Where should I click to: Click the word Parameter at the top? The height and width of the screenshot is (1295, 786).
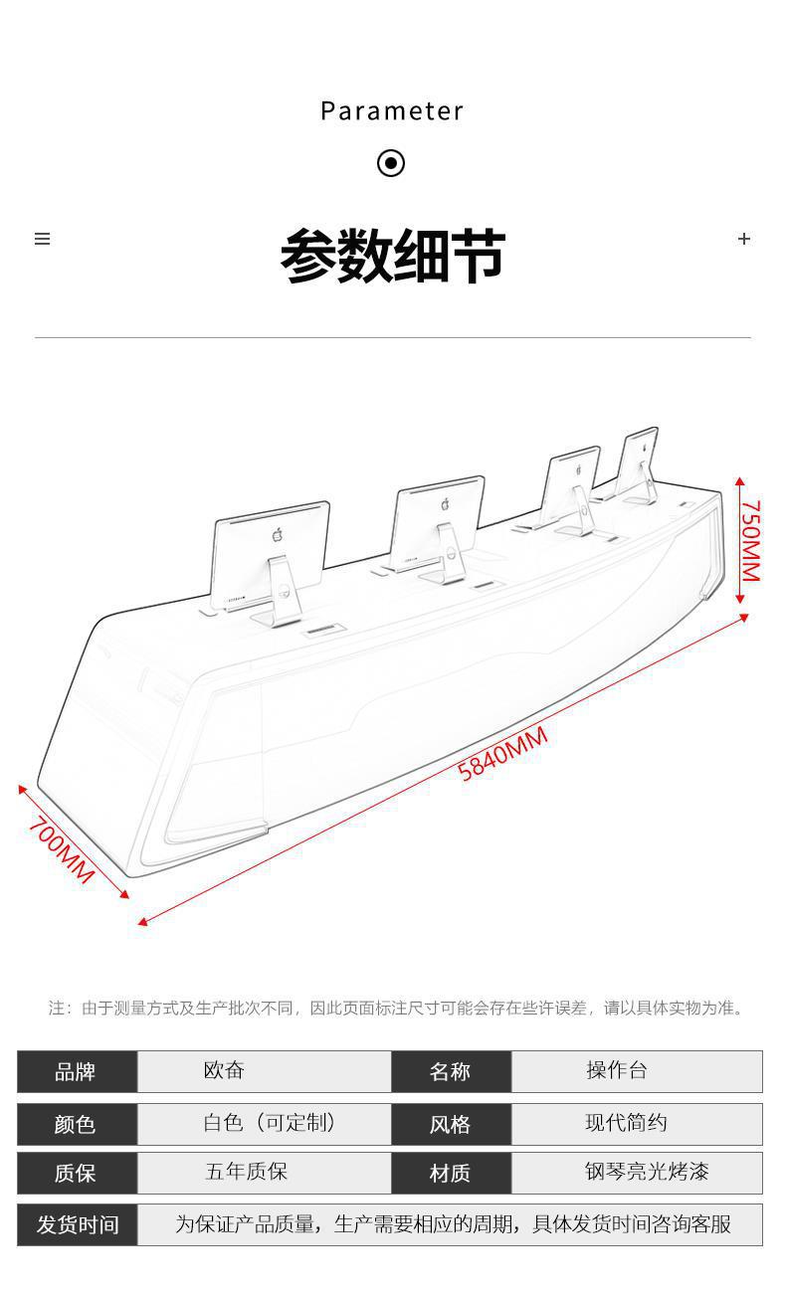click(x=392, y=111)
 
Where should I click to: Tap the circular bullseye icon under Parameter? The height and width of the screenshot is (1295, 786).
click(x=391, y=163)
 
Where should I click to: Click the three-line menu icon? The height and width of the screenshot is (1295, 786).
click(x=42, y=239)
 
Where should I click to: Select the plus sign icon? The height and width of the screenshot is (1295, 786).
click(x=744, y=239)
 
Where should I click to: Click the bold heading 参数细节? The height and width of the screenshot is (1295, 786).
click(x=393, y=255)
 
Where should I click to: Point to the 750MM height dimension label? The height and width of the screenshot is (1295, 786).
click(x=750, y=540)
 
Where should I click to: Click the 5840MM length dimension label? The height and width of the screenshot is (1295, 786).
click(x=502, y=754)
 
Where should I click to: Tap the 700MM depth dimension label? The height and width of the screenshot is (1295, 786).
click(x=62, y=849)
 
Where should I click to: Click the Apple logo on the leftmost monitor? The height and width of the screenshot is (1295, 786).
click(x=278, y=534)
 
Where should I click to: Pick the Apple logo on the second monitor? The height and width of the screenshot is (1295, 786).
click(x=445, y=503)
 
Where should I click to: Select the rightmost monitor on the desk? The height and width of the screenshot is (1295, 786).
click(x=636, y=465)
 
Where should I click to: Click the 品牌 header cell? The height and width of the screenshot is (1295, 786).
click(x=77, y=1072)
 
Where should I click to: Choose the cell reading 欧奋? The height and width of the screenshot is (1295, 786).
click(x=265, y=1071)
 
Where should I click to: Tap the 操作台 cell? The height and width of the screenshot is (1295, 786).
click(x=637, y=1071)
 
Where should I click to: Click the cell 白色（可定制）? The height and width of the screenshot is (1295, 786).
click(x=265, y=1124)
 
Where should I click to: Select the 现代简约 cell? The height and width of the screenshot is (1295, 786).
click(x=637, y=1124)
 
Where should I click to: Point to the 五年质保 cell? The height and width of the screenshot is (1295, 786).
click(x=265, y=1173)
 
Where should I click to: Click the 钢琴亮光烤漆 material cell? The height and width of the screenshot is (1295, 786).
click(x=637, y=1173)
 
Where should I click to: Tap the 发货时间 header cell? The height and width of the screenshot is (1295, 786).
click(x=77, y=1224)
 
